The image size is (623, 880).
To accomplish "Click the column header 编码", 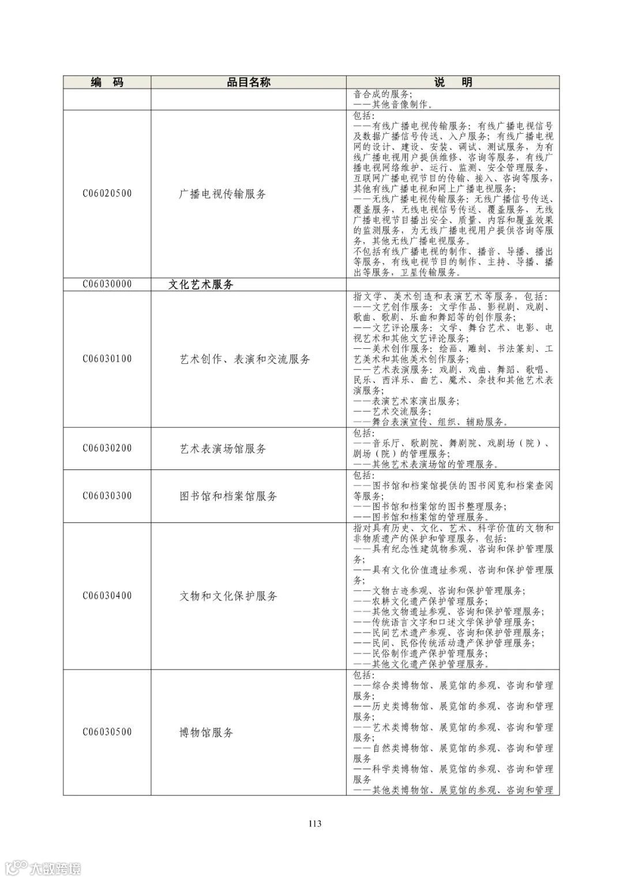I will point(107,82).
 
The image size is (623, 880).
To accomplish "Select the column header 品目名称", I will point(248,82).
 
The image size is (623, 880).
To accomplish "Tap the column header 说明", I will point(453,82).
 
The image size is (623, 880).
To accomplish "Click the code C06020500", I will point(107,194).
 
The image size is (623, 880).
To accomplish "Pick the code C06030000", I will point(107,284).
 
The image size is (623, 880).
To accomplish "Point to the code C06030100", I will point(107,359).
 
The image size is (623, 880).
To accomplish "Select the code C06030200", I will point(107,448).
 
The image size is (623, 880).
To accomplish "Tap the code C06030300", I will point(107,496).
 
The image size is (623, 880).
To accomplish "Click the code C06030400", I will point(107,596).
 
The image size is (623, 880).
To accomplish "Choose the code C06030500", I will point(107,732).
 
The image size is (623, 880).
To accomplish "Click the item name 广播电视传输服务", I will point(223,194).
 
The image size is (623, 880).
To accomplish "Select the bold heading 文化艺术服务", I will point(201,284).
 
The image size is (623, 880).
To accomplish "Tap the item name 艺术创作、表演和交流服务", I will point(245,359).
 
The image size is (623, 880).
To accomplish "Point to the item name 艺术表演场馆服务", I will point(223,449).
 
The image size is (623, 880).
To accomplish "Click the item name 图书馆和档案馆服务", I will point(228,496).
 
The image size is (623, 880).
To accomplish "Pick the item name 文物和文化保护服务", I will point(228,596).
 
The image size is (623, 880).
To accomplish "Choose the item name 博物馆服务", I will point(207,732).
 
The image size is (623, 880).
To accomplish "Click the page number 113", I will point(314,823).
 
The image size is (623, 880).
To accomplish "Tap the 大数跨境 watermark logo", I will point(43,867).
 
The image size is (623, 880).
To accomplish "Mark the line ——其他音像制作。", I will point(393,104).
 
